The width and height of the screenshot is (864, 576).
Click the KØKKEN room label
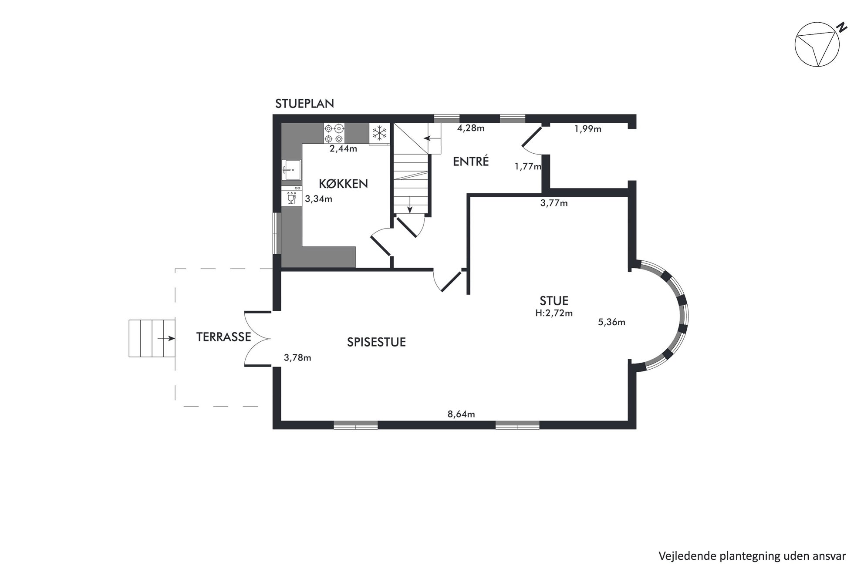(343, 184)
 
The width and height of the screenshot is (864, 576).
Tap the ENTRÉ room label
(471, 161)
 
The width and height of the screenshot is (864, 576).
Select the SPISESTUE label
(376, 342)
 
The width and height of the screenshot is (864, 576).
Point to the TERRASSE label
(223, 337)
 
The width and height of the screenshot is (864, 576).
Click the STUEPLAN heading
(304, 104)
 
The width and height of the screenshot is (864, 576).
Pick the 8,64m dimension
(461, 414)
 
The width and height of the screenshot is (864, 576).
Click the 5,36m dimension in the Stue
(612, 322)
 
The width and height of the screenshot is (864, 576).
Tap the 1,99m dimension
(588, 129)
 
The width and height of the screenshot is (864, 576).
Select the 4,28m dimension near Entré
(471, 128)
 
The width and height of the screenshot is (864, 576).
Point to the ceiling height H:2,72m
(554, 313)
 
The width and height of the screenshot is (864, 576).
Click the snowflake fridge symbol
(379, 133)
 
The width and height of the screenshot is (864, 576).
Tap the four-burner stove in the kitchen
(334, 133)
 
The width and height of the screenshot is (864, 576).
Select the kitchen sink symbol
(291, 170)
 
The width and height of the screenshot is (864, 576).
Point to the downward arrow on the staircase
(410, 205)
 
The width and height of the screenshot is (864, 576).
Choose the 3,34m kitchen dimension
(318, 199)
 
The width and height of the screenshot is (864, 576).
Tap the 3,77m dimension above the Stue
(554, 203)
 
